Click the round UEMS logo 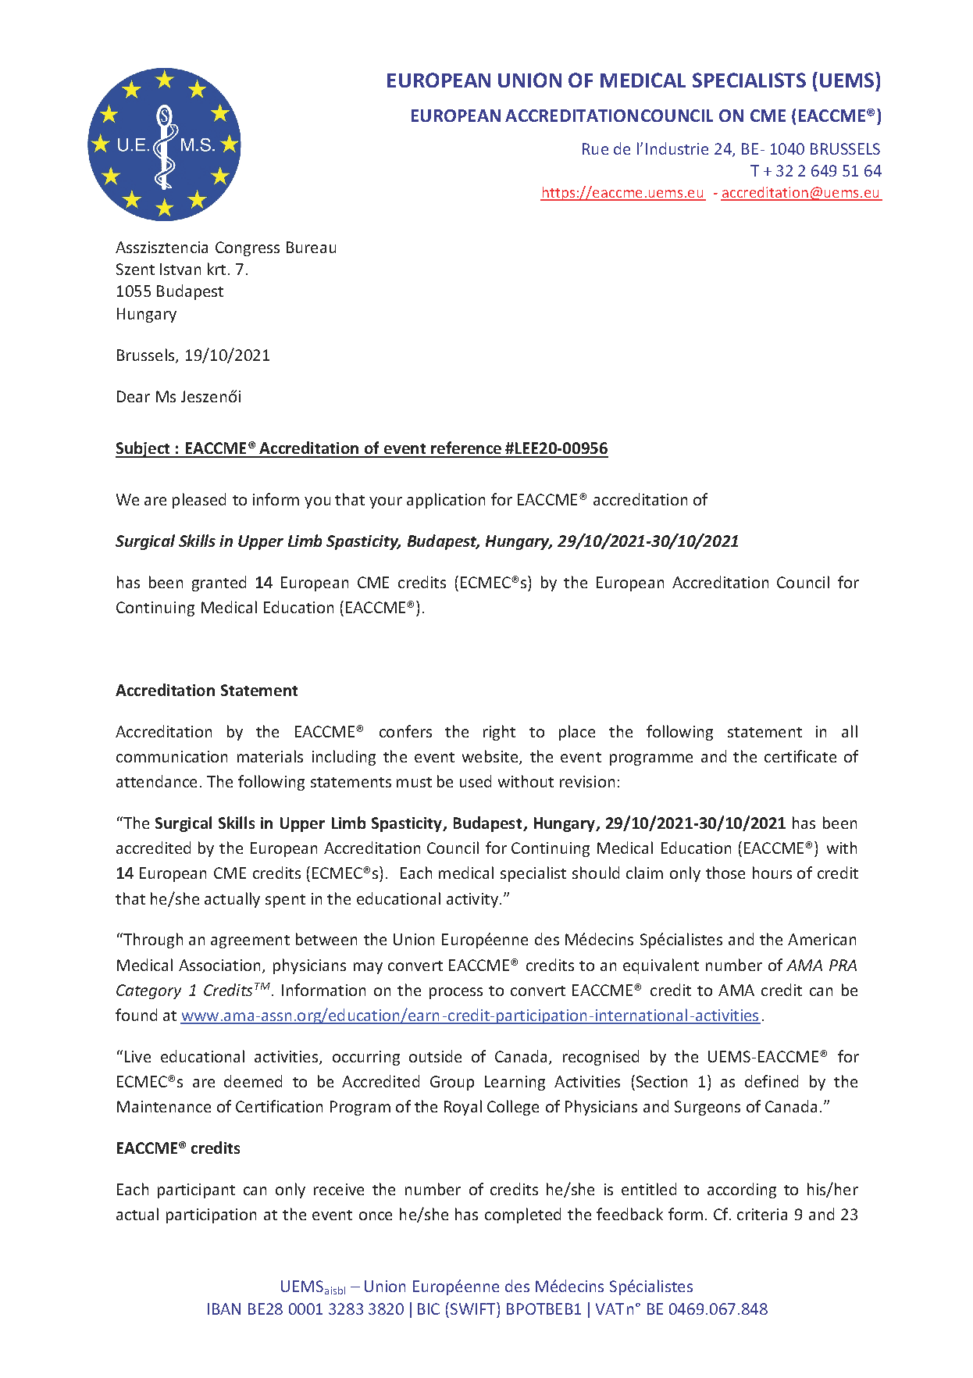click(x=164, y=145)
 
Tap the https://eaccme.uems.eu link click(x=622, y=193)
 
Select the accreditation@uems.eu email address click(x=800, y=193)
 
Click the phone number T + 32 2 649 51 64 click(x=815, y=171)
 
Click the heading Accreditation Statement click(x=207, y=691)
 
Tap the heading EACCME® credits click(x=178, y=1148)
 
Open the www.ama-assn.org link click(x=470, y=1016)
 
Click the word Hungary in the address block click(x=146, y=314)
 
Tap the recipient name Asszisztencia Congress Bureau click(x=226, y=248)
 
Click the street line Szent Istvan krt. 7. click(x=182, y=270)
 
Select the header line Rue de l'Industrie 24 click(x=657, y=149)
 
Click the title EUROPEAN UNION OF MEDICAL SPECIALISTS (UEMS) click(x=633, y=81)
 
